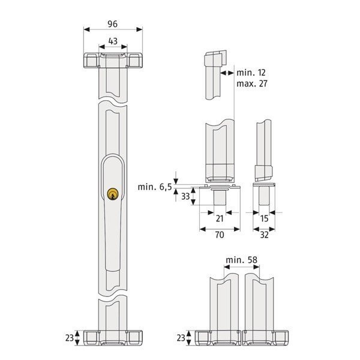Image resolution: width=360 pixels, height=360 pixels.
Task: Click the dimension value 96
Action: click(113, 24)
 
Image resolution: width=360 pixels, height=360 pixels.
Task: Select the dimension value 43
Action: click(113, 41)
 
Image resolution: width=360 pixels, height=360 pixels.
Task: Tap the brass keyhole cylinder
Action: click(113, 194)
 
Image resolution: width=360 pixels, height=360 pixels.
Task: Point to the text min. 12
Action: click(251, 73)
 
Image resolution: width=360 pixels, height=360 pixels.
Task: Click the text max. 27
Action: click(252, 83)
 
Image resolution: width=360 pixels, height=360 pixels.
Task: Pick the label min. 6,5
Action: click(155, 187)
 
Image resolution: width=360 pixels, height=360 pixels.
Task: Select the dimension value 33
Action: click(185, 196)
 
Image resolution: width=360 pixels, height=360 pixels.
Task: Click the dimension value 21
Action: click(220, 218)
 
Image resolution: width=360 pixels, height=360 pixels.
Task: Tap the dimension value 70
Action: click(220, 235)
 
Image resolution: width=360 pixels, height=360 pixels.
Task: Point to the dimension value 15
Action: click(264, 218)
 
